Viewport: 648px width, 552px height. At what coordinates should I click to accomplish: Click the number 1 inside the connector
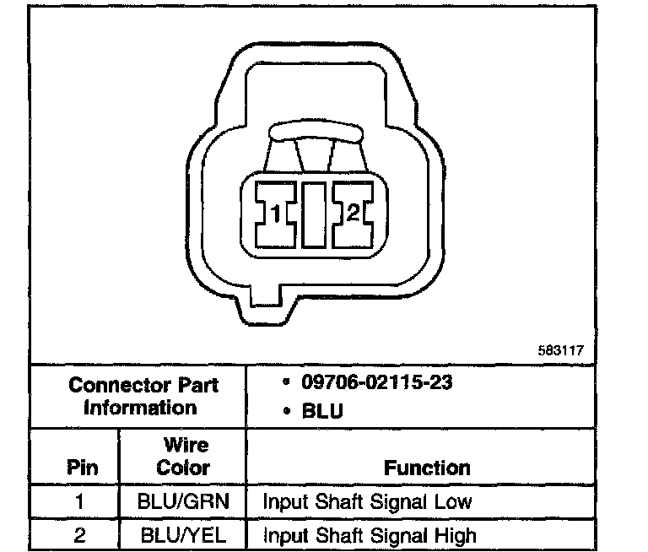276,214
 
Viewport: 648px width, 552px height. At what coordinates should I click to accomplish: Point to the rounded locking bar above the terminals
314,132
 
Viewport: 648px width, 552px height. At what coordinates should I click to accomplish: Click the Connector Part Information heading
143,397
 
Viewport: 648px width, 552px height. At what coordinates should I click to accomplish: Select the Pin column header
82,467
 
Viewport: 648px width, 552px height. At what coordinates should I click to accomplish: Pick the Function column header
427,467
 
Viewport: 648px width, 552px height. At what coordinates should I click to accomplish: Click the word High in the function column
456,534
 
